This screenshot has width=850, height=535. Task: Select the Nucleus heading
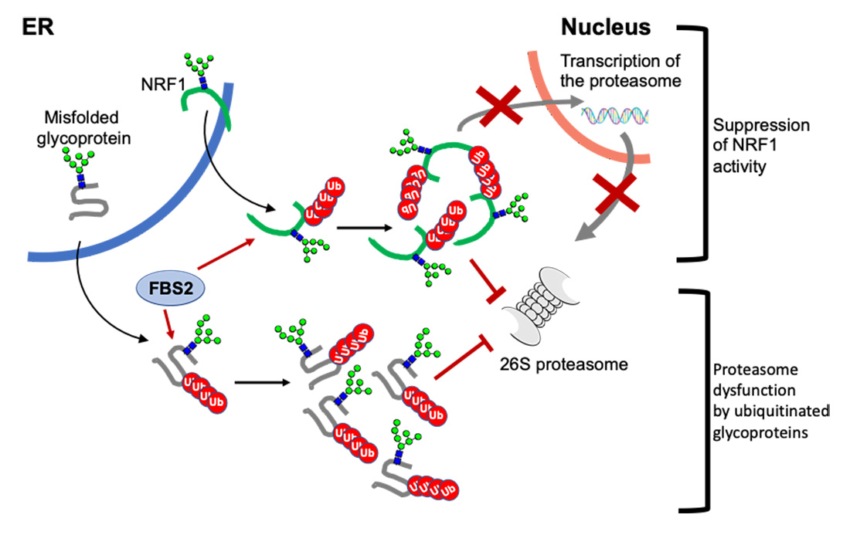point(606,28)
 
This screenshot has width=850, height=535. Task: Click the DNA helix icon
point(616,117)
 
